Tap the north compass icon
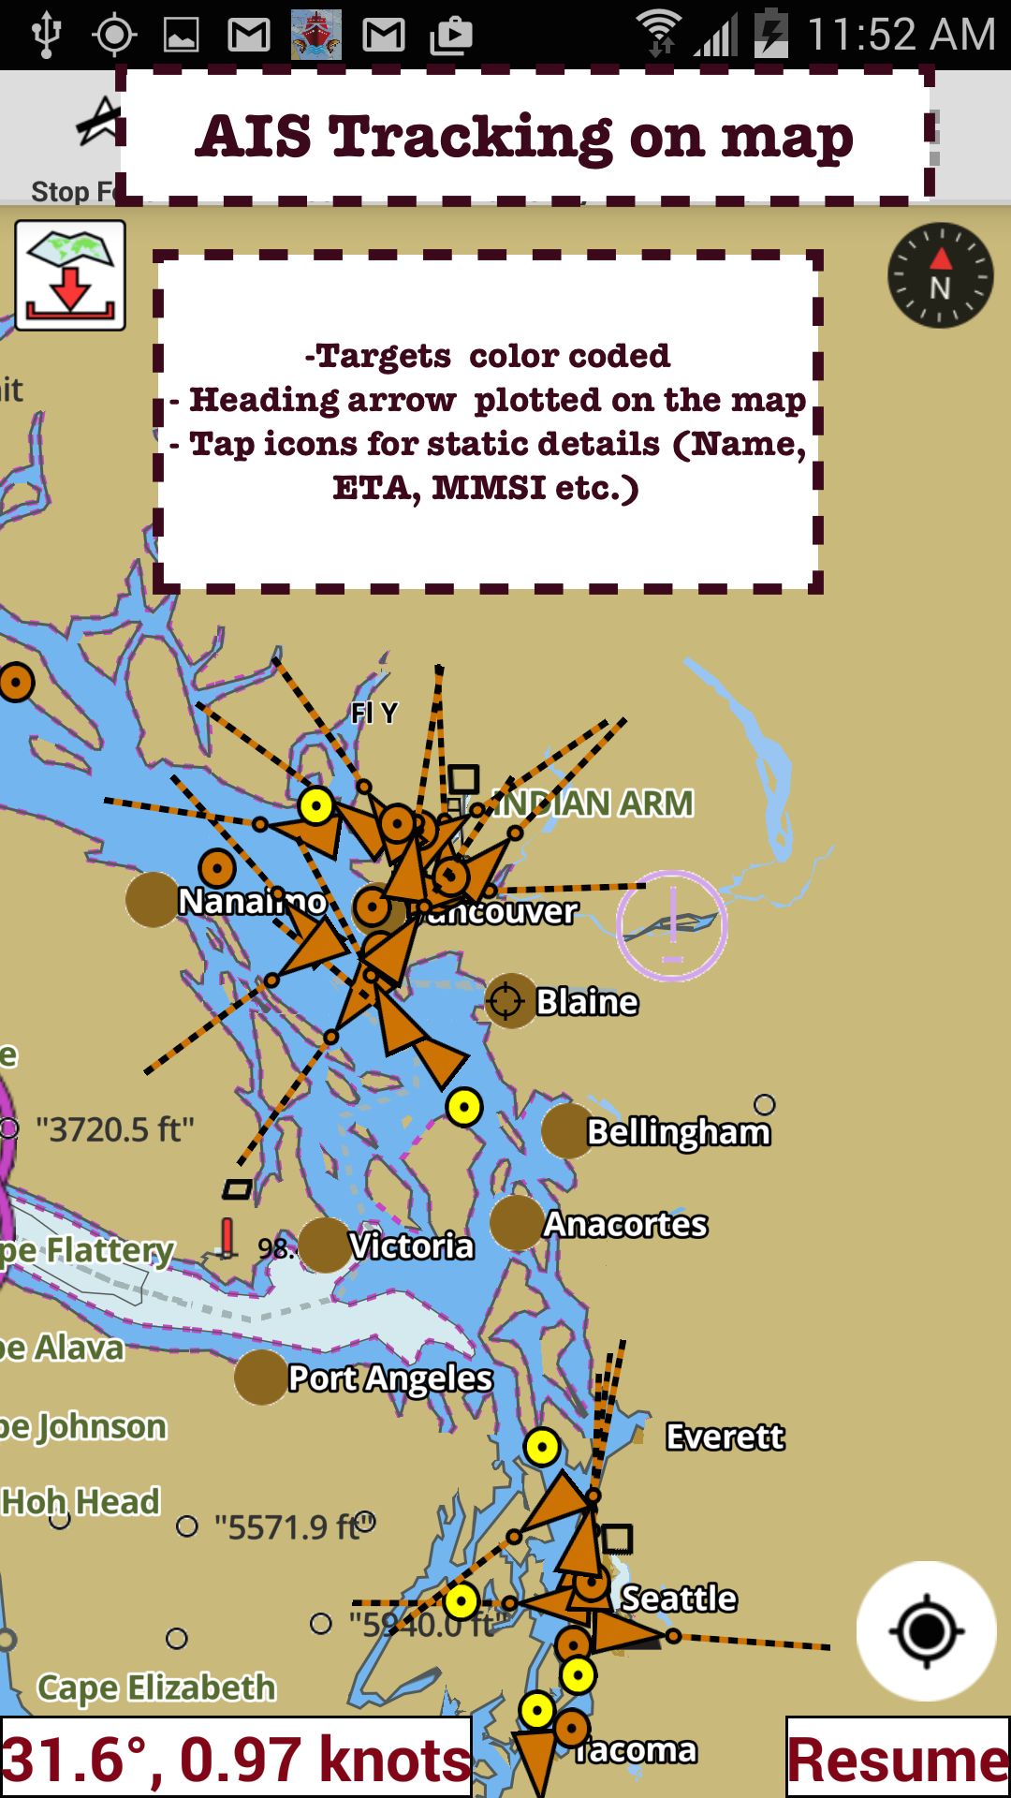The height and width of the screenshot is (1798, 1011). [940, 275]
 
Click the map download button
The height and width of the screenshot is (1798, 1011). [70, 275]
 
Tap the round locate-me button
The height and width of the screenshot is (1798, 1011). [926, 1631]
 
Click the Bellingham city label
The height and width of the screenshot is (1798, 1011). [678, 1131]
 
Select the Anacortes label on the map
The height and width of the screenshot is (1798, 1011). [625, 1224]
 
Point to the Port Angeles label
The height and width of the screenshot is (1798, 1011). [389, 1378]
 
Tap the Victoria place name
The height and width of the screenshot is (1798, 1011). [411, 1245]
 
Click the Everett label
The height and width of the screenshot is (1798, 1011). [725, 1436]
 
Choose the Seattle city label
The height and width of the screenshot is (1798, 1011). [679, 1598]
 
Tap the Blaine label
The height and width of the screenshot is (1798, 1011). [587, 1001]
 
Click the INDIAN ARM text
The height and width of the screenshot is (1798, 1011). [595, 803]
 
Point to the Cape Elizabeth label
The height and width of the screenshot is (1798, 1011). [156, 1687]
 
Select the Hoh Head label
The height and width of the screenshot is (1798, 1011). [81, 1501]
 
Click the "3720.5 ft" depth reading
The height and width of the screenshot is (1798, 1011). [114, 1129]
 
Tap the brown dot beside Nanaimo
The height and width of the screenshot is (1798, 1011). [152, 900]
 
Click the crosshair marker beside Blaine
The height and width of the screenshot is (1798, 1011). [506, 1000]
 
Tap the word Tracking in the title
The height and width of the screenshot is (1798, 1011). [470, 137]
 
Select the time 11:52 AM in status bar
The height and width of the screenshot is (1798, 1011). [901, 35]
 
